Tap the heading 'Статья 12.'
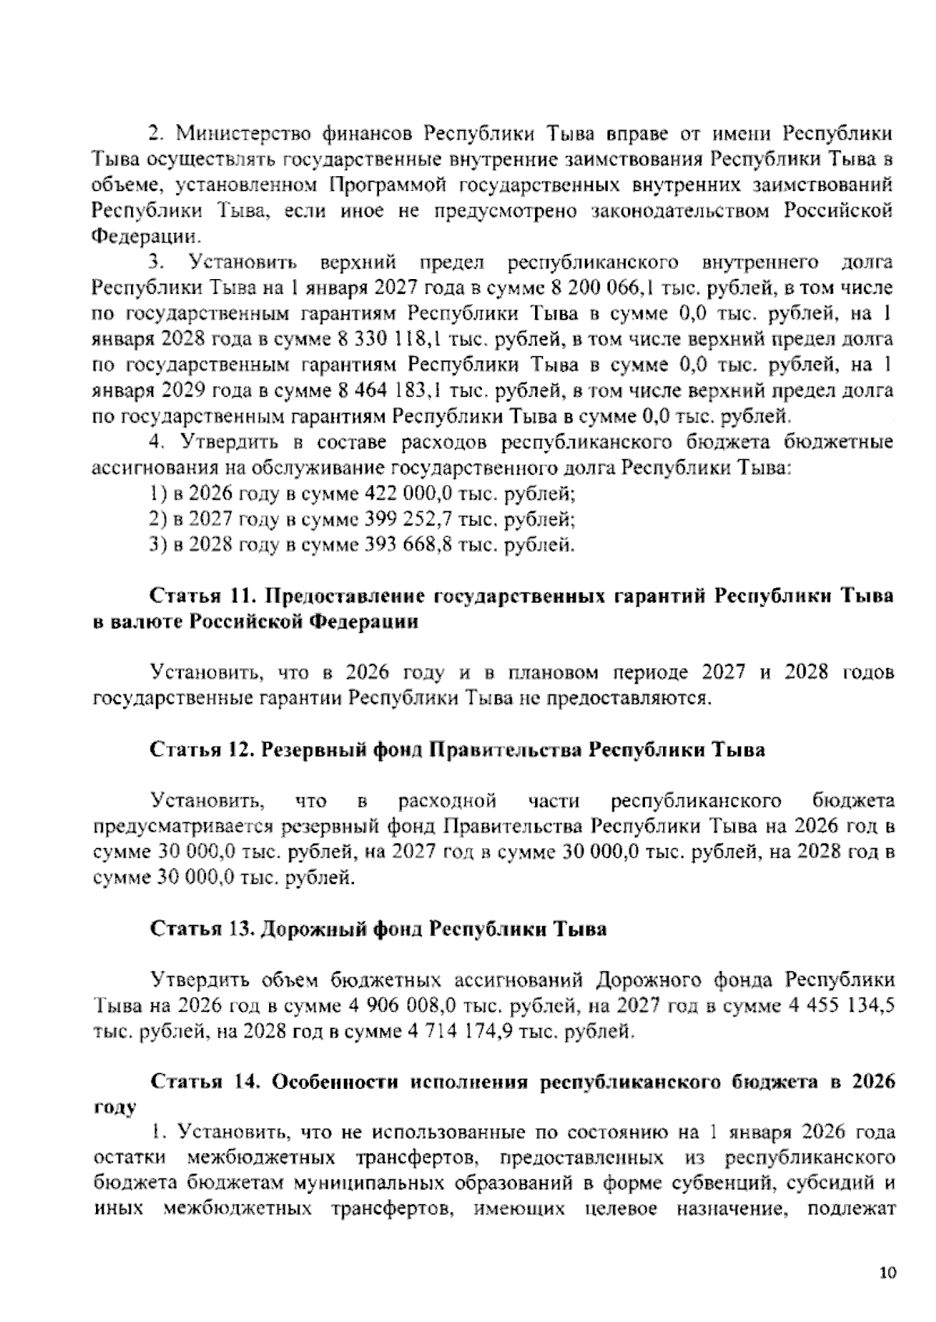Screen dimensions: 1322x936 198,750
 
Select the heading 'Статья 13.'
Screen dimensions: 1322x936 198,928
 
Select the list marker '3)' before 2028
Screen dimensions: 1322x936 159,544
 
